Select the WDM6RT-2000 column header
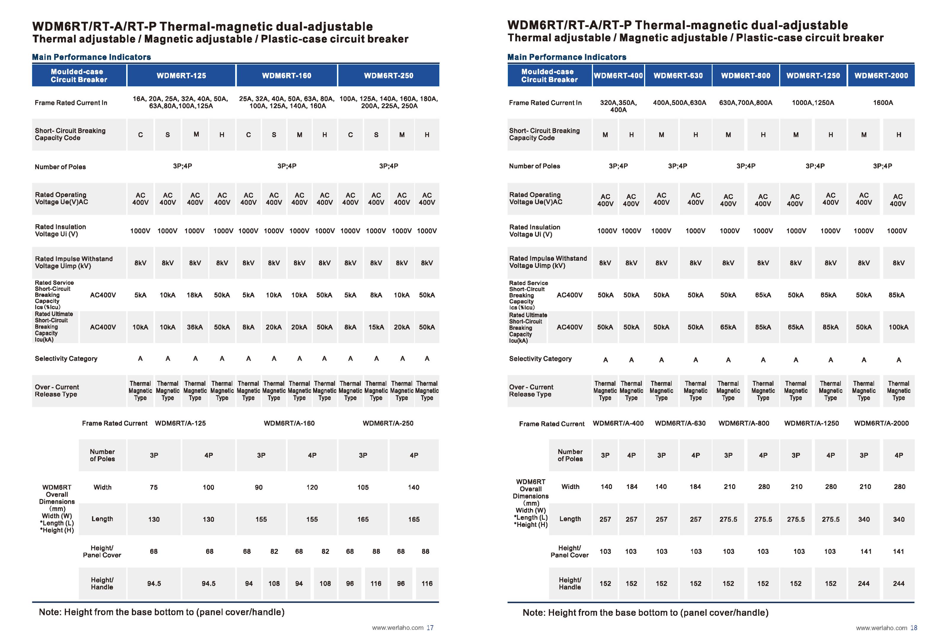tap(881, 76)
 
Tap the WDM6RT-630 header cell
tap(678, 76)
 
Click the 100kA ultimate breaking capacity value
tap(898, 327)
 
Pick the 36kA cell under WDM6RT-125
tap(195, 327)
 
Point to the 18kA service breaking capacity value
tap(195, 295)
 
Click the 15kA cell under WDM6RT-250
tap(376, 327)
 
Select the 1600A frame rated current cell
tap(883, 103)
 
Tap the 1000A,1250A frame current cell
tap(813, 103)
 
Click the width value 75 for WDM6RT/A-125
tap(153, 487)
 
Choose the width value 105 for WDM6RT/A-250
tap(363, 487)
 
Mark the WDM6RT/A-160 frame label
tap(289, 423)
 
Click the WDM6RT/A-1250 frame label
tap(811, 423)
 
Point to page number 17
tap(430, 628)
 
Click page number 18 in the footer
tap(914, 628)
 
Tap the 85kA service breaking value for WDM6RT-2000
tap(897, 295)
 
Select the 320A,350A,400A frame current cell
tap(618, 106)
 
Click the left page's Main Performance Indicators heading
tap(91, 57)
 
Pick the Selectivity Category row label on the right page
tap(540, 359)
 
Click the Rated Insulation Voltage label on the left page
tap(60, 230)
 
